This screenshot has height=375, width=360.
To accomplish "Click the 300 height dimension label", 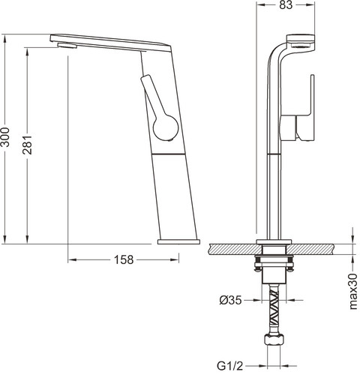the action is pyautogui.click(x=5, y=137).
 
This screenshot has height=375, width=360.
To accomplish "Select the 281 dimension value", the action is pyautogui.click(x=27, y=145).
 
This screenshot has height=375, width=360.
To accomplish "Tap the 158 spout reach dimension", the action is pyautogui.click(x=124, y=260).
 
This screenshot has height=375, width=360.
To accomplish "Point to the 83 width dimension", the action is pyautogui.click(x=286, y=5).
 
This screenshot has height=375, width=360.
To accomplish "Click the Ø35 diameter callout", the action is pyautogui.click(x=230, y=300).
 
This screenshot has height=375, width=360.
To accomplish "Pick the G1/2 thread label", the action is pyautogui.click(x=229, y=366).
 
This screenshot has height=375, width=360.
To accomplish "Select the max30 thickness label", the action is pyautogui.click(x=353, y=291).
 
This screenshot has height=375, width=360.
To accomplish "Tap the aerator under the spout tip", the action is pyautogui.click(x=67, y=45).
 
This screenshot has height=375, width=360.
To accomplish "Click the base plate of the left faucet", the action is pyautogui.click(x=178, y=241).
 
